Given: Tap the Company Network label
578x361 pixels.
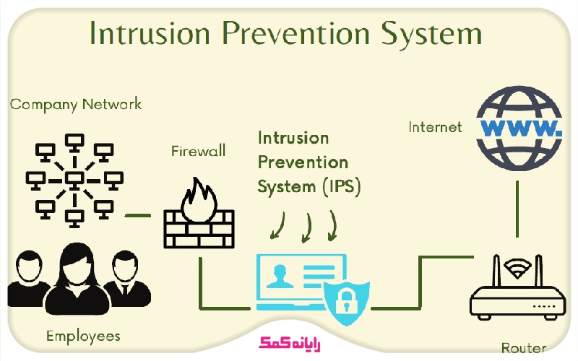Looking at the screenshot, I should point(76,104).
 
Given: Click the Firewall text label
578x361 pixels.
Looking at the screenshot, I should point(198,151).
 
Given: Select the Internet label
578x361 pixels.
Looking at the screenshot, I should point(435,127).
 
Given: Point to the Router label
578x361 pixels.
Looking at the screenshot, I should point(523,347).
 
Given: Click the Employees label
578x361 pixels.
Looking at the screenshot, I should point(83,336).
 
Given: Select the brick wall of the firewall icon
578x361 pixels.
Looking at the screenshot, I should point(197,229).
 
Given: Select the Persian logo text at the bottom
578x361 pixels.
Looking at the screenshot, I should point(289,342).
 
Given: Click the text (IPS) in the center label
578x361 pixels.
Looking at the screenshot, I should point(340,186).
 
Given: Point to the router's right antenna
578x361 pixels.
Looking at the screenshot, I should point(539,271).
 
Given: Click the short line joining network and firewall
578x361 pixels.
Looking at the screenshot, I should point(137,214).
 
